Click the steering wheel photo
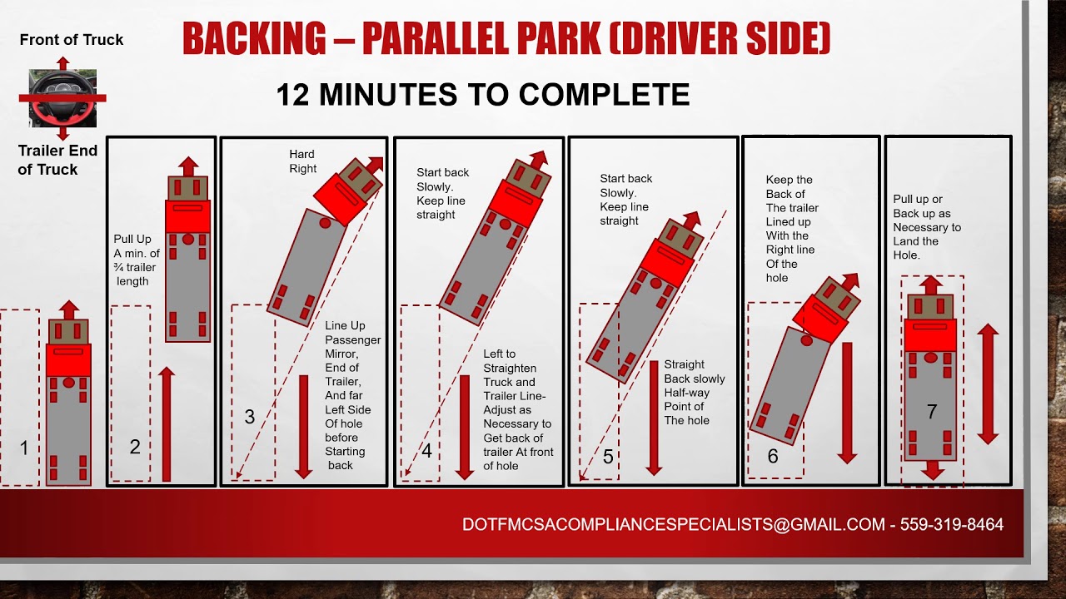(62, 98)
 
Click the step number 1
(24, 448)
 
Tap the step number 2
(135, 447)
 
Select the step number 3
(250, 417)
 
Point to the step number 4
(427, 451)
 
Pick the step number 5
(608, 457)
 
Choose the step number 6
(773, 456)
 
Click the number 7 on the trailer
(932, 411)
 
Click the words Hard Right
(302, 161)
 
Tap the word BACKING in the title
(254, 38)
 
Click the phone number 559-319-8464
(951, 524)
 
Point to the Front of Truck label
(72, 39)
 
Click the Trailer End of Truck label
(57, 160)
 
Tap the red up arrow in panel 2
(166, 423)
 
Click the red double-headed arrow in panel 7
(988, 384)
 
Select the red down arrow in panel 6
(847, 403)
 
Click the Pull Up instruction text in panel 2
(137, 260)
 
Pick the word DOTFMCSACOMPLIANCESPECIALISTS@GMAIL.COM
(674, 524)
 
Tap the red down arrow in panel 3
(304, 427)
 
